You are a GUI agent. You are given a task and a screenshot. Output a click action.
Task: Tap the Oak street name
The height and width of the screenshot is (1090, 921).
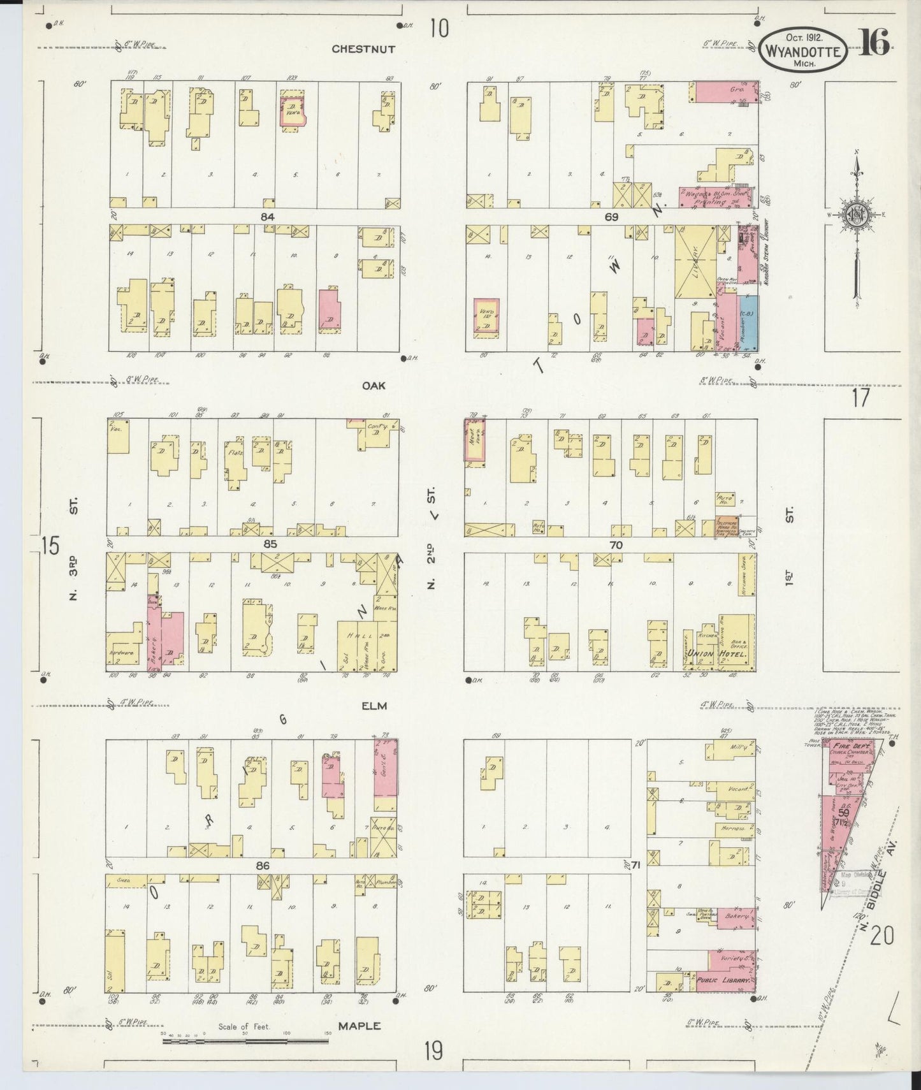pos(374,386)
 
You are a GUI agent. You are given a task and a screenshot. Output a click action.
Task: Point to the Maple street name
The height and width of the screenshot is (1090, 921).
pos(359,1026)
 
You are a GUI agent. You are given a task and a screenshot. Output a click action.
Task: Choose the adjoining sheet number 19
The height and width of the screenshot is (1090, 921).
pos(433,1050)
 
